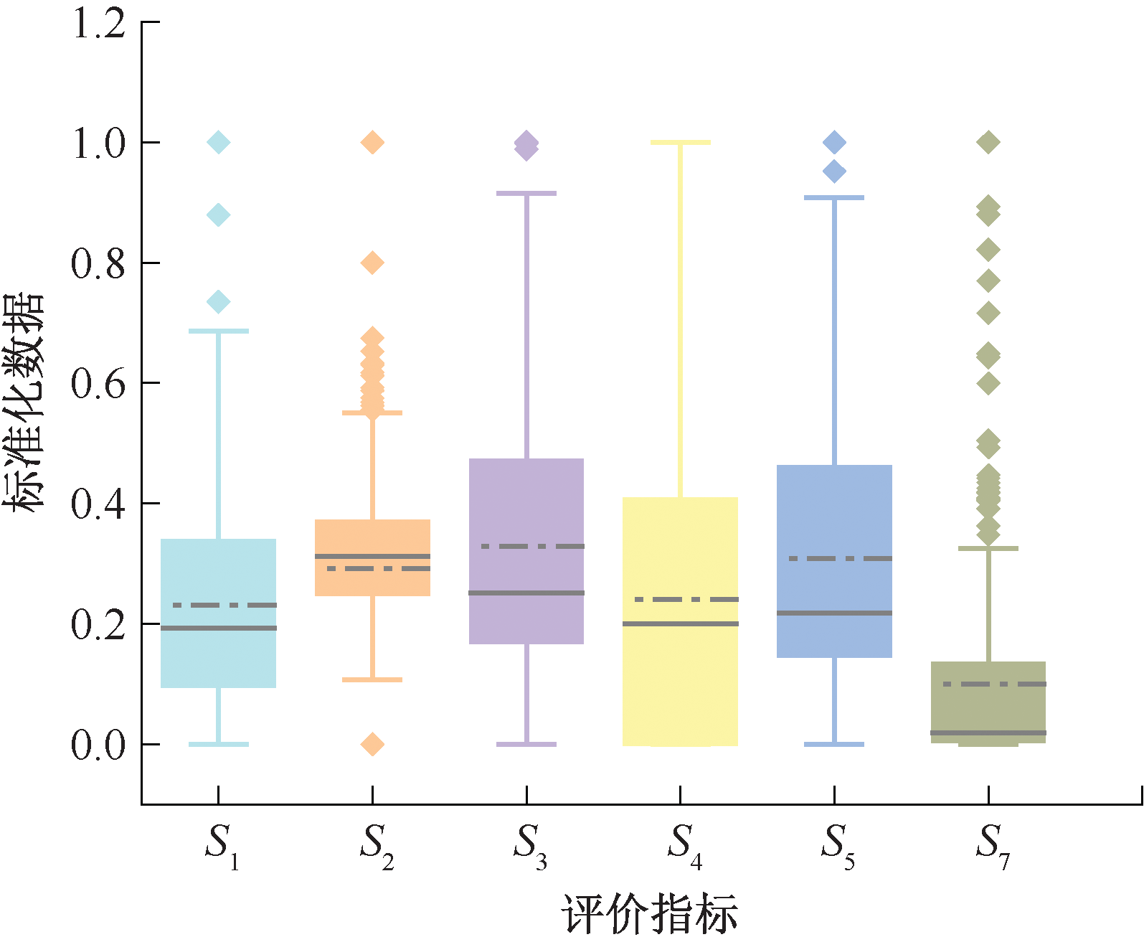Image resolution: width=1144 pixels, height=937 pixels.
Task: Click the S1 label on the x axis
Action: coord(221,844)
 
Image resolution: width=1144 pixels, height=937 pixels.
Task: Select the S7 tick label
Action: coord(992,844)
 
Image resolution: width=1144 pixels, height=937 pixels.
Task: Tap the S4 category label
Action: coord(684,844)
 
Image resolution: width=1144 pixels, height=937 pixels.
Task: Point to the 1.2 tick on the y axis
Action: coord(99,24)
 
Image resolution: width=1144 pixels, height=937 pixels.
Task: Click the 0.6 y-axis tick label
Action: coord(99,384)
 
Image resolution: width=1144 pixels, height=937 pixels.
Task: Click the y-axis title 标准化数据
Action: coord(23,402)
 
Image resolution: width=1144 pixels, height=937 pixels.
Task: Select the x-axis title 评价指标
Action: coord(649,913)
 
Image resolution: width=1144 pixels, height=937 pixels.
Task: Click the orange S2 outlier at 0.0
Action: coord(372,744)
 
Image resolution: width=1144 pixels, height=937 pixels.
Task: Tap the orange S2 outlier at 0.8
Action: coord(372,263)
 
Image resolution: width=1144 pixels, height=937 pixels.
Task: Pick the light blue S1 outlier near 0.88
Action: coord(218,215)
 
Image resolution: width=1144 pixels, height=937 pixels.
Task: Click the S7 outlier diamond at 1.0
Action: coord(988,142)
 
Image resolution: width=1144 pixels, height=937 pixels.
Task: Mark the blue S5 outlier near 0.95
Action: coord(834,171)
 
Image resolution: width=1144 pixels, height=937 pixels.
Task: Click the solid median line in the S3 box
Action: coord(526,593)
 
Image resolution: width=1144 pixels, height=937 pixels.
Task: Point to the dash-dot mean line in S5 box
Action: coord(840,558)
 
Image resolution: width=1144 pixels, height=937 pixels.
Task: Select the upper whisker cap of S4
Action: coord(680,143)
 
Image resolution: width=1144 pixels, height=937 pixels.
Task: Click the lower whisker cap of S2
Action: coord(372,679)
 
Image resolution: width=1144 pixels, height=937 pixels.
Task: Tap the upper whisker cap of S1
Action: coord(218,331)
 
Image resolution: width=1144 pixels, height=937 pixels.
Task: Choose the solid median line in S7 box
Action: coord(988,733)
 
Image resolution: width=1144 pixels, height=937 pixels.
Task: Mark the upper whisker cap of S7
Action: coord(988,548)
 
